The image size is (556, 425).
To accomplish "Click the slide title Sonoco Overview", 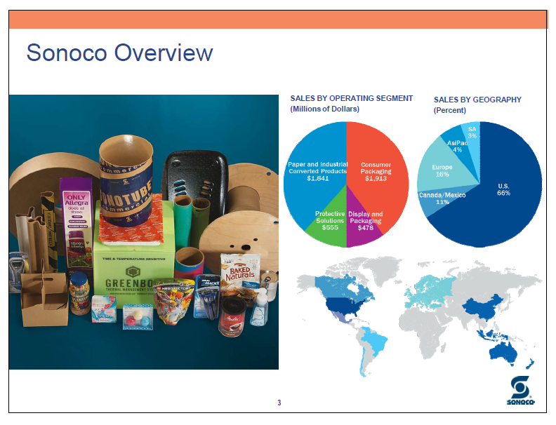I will click(119, 53).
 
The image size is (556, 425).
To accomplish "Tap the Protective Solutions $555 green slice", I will click(329, 220).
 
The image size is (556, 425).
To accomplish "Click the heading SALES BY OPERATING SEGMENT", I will click(351, 98).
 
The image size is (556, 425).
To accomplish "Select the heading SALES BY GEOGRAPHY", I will click(477, 100).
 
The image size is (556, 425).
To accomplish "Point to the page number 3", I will click(279, 403).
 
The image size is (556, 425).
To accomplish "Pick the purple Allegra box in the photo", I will click(75, 210).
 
